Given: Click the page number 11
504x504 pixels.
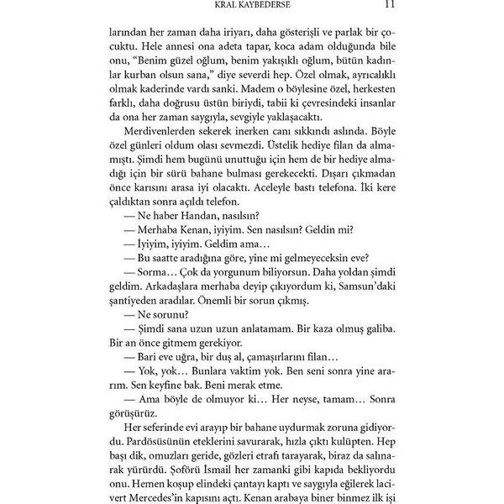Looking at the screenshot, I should (381, 6).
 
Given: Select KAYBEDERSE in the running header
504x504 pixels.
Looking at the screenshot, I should (270, 6).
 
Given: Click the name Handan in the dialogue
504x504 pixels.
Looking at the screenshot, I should (190, 239).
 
